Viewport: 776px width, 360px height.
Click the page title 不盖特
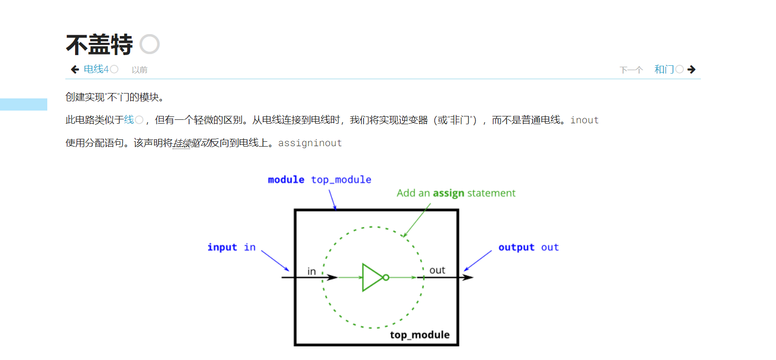(x=99, y=45)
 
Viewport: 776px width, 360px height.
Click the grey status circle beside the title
(x=150, y=44)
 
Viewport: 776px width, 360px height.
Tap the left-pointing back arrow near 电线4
(x=75, y=70)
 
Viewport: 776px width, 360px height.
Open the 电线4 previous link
(x=96, y=70)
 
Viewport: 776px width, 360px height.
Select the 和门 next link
(x=664, y=70)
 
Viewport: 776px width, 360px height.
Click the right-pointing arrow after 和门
(x=692, y=70)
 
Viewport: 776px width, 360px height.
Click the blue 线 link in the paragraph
(x=129, y=120)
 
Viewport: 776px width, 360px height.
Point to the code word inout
(x=584, y=120)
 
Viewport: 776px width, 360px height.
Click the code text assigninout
(x=310, y=143)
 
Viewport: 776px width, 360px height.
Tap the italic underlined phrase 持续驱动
(x=192, y=143)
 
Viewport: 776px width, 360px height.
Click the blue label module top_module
(x=319, y=180)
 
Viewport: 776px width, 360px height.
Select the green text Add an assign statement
(x=456, y=193)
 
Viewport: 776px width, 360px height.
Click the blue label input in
(x=232, y=247)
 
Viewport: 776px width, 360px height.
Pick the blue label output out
(x=528, y=247)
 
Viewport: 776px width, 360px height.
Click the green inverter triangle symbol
(x=371, y=278)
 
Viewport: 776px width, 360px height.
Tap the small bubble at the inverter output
(x=386, y=278)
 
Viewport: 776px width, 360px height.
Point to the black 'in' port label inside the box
(x=311, y=271)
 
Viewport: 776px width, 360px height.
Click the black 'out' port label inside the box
(x=437, y=270)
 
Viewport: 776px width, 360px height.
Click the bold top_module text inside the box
(x=420, y=335)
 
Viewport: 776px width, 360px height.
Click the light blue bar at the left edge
(x=23, y=104)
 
